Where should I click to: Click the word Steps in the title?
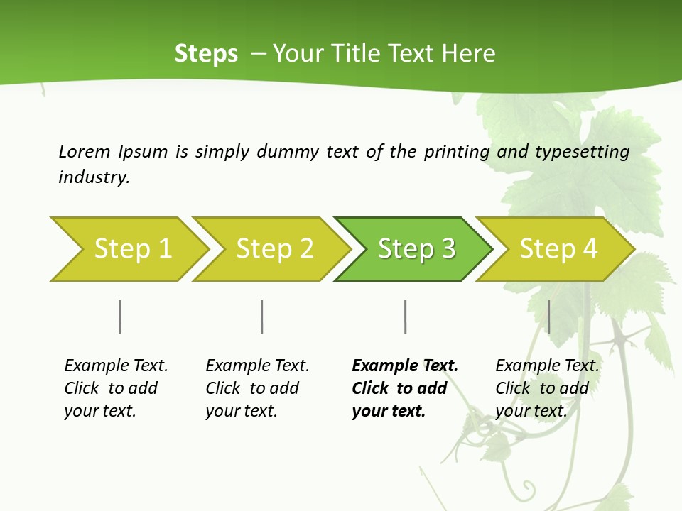click(206, 54)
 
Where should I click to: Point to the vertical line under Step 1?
click(120, 317)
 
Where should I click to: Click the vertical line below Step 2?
click(262, 317)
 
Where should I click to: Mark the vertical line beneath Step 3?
click(405, 317)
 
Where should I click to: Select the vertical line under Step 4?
click(548, 317)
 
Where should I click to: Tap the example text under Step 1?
click(116, 388)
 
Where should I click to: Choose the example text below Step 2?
click(257, 388)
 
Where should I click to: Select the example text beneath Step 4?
click(547, 388)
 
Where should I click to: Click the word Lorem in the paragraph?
click(85, 152)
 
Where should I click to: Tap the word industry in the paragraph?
click(94, 177)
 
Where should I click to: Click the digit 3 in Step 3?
click(448, 249)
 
